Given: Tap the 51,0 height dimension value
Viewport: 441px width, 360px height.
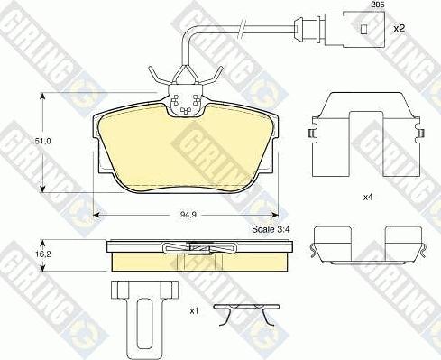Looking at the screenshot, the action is pos(42,141).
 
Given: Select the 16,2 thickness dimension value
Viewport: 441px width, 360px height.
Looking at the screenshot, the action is pos(42,254).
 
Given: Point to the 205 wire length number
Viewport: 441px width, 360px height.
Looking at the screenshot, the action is pos(378,5).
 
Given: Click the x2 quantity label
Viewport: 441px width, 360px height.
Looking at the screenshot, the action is pos(400,29).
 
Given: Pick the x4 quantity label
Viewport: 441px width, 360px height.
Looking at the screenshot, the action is pos(368,198).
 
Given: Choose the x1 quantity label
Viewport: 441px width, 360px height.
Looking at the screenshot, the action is pos(194,311).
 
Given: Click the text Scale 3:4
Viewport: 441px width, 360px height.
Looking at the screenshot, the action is pos(271,229).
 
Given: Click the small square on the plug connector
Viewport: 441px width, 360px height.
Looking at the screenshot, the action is pos(363,29).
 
